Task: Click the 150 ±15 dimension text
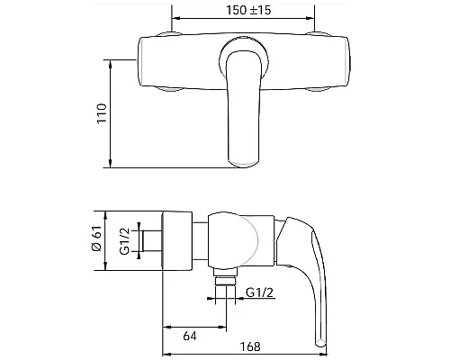point(248,10)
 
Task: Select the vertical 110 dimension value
point(102,113)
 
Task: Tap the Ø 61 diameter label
point(96,238)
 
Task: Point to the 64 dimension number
point(190,336)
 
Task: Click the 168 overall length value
point(250,346)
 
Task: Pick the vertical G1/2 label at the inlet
point(124,241)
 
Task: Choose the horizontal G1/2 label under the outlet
point(259,292)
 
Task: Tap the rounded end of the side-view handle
point(321,342)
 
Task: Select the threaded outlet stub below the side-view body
point(225,276)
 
